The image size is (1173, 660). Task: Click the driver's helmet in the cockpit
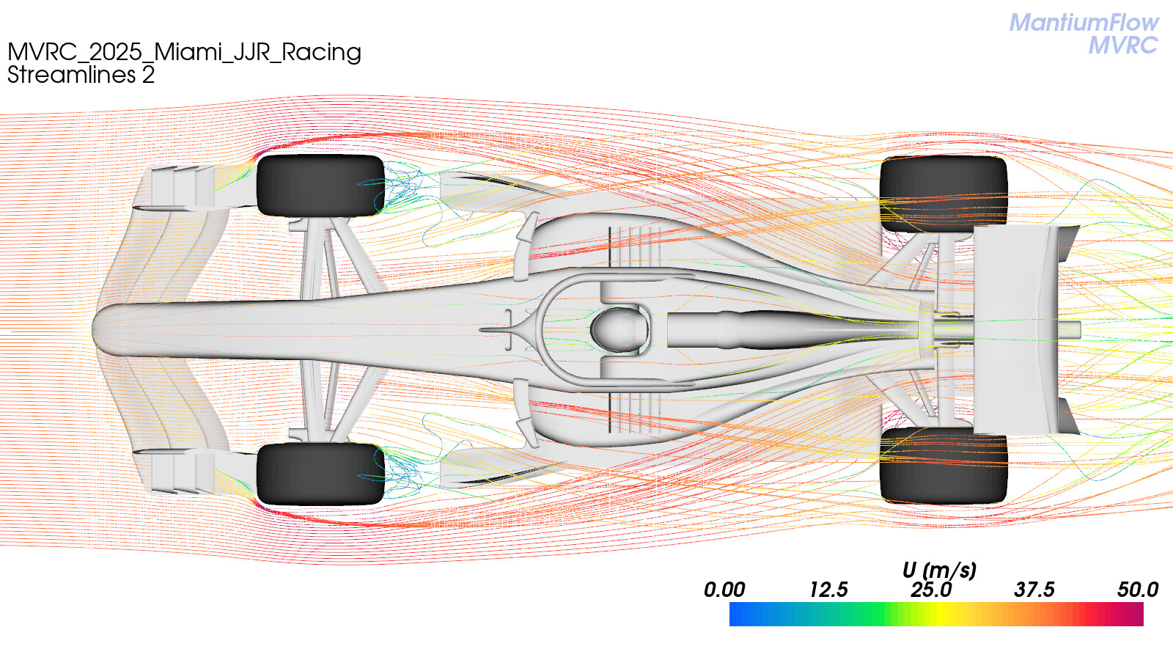click(x=619, y=329)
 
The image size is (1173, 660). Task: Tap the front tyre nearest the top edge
click(x=320, y=185)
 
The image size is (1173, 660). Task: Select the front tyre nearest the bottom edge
click(x=320, y=474)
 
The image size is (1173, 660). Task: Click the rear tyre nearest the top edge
click(x=944, y=194)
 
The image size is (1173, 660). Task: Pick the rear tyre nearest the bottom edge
click(x=944, y=466)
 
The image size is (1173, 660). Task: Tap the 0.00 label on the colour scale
click(x=724, y=590)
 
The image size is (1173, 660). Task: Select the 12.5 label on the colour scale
click(x=828, y=590)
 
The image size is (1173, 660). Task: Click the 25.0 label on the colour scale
click(x=931, y=590)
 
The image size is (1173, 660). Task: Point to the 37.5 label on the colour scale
click(x=1034, y=590)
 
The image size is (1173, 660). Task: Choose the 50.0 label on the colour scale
click(x=1138, y=590)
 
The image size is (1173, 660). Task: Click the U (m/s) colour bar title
click(x=939, y=570)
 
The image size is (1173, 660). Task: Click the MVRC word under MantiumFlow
click(x=1123, y=45)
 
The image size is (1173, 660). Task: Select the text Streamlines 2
click(x=81, y=75)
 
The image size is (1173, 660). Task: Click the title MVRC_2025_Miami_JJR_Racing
click(x=184, y=52)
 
